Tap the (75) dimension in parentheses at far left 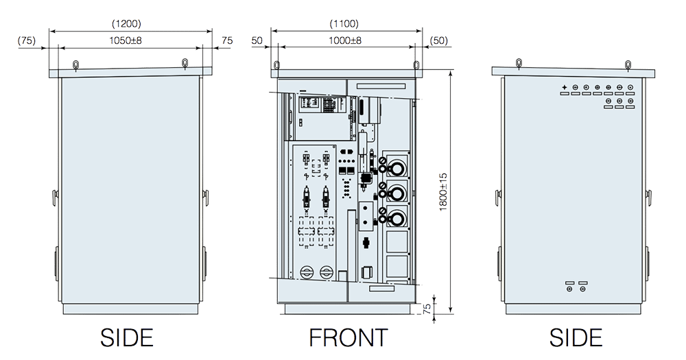(27, 41)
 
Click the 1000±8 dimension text (347, 41)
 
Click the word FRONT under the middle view (348, 337)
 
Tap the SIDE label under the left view (126, 337)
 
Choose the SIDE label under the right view (576, 337)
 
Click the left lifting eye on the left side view (75, 64)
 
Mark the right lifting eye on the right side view (627, 64)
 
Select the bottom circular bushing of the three (397, 216)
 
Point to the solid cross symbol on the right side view (564, 88)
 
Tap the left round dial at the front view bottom (305, 273)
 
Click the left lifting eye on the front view (276, 64)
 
